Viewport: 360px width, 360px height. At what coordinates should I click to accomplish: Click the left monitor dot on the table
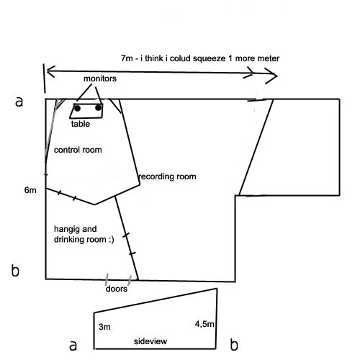tap(77, 108)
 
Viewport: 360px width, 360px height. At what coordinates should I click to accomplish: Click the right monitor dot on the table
tap(98, 108)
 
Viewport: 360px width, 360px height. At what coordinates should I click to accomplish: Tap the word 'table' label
tap(81, 124)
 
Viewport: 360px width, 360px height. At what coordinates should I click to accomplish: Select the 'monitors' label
tap(100, 78)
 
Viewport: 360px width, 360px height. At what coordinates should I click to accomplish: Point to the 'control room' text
tap(78, 150)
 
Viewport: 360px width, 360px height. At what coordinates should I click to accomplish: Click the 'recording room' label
tap(168, 176)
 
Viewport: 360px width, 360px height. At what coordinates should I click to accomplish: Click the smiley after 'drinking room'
tap(111, 240)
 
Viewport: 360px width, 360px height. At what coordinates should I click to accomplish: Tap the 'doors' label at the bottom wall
tap(117, 289)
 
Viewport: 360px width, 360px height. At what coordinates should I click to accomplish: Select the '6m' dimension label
tap(30, 190)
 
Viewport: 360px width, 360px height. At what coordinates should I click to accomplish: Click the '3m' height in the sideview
tap(104, 327)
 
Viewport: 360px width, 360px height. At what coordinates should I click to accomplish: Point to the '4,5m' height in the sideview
tap(204, 324)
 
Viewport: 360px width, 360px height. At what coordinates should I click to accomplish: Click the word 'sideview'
tap(150, 341)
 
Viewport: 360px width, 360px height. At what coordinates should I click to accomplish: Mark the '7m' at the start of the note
tap(127, 58)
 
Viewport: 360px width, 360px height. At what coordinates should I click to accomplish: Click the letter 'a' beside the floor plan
tap(19, 102)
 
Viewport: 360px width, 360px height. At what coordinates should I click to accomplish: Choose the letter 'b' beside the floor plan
tap(15, 271)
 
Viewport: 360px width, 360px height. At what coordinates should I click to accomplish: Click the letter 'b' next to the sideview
tap(234, 345)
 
